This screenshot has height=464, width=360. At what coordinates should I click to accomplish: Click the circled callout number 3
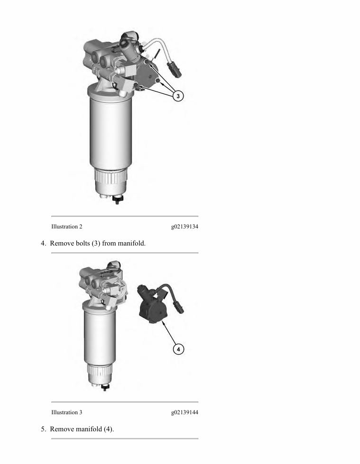tap(178, 96)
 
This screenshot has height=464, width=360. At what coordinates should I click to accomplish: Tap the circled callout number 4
tap(178, 349)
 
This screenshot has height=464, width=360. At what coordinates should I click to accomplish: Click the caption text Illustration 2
tap(66, 227)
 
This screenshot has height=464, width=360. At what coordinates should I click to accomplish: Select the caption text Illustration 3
tap(66, 412)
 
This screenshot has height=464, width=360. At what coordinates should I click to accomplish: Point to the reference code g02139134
tap(185, 227)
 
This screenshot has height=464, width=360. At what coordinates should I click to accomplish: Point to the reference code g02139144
tap(185, 412)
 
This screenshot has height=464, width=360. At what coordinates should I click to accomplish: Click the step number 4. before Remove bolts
tap(43, 243)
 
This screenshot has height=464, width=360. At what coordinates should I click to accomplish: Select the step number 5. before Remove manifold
tap(43, 429)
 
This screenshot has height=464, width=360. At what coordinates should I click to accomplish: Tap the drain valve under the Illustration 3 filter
tap(104, 387)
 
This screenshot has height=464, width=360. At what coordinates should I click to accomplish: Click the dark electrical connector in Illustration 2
tap(175, 69)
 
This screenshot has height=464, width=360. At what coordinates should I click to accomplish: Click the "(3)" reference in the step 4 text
tap(96, 243)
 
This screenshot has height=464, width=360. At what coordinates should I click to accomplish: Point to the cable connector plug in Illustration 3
tap(178, 306)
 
